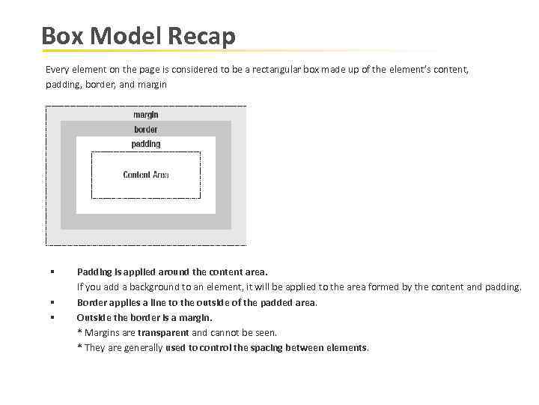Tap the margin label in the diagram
pyautogui.click(x=145, y=115)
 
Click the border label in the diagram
pyautogui.click(x=145, y=129)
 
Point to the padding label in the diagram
pyautogui.click(x=145, y=143)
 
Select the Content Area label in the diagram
pyautogui.click(x=145, y=175)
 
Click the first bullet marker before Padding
pyautogui.click(x=52, y=271)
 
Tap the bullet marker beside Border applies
pyautogui.click(x=52, y=302)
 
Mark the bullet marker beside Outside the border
pyautogui.click(x=52, y=317)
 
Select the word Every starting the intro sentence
pyautogui.click(x=57, y=69)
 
